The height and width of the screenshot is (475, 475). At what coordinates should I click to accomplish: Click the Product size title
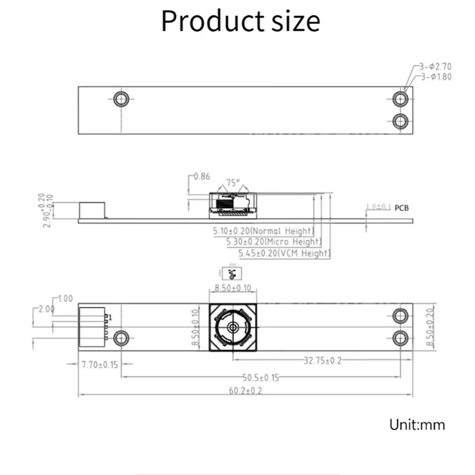click(x=240, y=21)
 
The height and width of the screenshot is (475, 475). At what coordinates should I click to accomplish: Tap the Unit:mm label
click(x=417, y=425)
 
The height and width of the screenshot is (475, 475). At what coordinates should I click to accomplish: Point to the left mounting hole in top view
click(x=122, y=99)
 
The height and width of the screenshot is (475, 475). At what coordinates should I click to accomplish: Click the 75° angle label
click(x=233, y=183)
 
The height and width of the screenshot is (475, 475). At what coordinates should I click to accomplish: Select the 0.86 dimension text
click(x=202, y=176)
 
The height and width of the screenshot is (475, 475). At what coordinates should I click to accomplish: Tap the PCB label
click(x=401, y=208)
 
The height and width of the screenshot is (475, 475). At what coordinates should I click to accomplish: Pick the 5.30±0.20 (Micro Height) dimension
click(x=274, y=242)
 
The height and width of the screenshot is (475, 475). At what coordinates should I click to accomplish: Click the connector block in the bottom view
click(x=92, y=327)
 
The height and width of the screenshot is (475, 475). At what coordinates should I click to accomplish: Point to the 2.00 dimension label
click(x=46, y=309)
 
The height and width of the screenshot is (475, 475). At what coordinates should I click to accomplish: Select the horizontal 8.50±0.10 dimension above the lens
click(x=233, y=288)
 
